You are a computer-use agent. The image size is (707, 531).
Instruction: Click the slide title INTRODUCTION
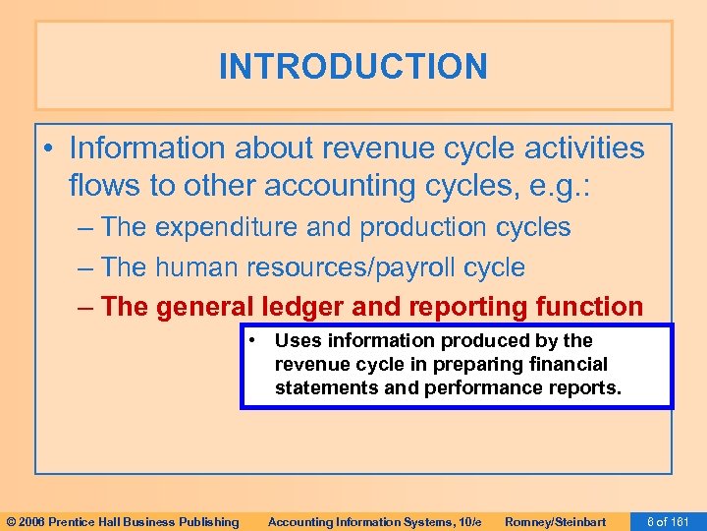(x=353, y=67)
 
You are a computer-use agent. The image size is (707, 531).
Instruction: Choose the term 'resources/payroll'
(x=356, y=266)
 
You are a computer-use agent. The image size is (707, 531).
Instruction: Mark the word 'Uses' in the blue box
(x=296, y=340)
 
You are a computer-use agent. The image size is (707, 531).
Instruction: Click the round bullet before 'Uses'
(x=253, y=340)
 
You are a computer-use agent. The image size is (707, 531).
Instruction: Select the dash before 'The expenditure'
(x=84, y=227)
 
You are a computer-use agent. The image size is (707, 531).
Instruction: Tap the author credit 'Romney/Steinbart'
(x=555, y=521)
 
